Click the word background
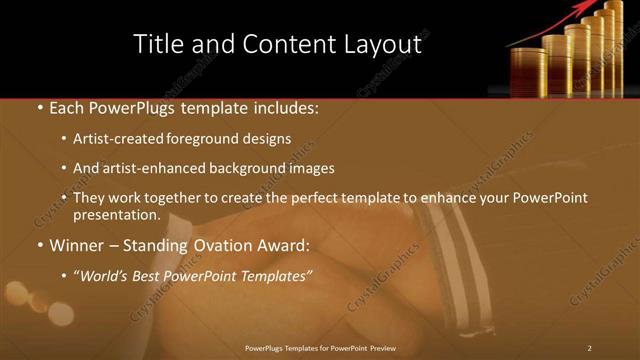tap(246, 168)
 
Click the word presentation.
tap(117, 214)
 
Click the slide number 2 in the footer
tap(590, 348)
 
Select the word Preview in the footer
tap(383, 348)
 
